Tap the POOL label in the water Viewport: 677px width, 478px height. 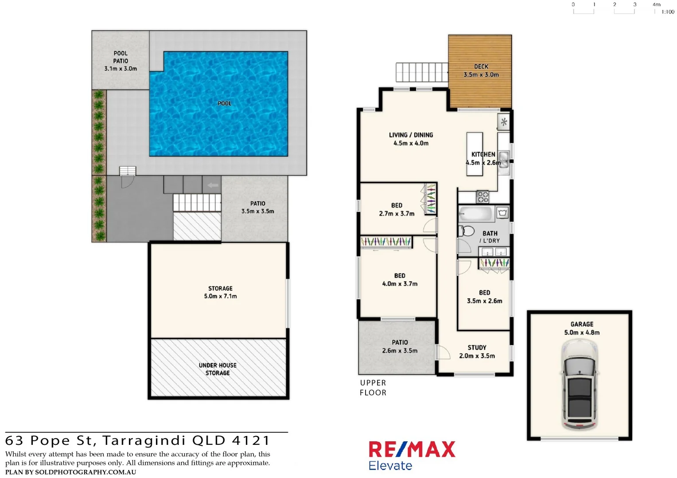click(x=224, y=103)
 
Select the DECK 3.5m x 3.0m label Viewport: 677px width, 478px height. click(x=481, y=71)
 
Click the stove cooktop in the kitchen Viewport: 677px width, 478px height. click(x=482, y=197)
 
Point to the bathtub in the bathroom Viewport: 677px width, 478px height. click(x=475, y=214)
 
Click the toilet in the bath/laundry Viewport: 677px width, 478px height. click(x=466, y=231)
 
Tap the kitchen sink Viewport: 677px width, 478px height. click(x=503, y=157)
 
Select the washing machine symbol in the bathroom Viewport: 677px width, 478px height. click(x=502, y=213)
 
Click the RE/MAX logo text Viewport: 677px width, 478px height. click(x=412, y=450)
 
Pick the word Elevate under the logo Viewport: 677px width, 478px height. click(x=390, y=466)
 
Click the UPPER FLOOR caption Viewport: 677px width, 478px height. click(x=373, y=388)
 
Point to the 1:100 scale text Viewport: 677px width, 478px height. click(x=667, y=12)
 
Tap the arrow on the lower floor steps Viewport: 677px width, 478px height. click(x=213, y=185)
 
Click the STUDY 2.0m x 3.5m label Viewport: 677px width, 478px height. click(x=477, y=352)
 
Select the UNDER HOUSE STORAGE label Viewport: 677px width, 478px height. click(x=218, y=369)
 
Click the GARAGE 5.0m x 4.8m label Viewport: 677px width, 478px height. click(x=581, y=328)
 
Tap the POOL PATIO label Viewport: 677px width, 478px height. click(x=121, y=61)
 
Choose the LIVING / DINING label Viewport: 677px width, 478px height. click(x=411, y=139)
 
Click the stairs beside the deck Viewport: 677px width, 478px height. click(x=421, y=72)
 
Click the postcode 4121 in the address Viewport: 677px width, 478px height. click(x=251, y=441)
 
